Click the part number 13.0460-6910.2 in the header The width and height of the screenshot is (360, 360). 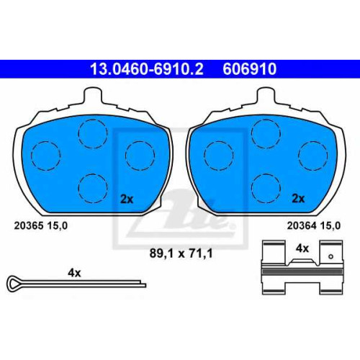coord(147,68)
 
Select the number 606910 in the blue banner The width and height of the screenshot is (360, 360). coord(250,68)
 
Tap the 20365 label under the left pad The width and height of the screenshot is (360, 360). coord(29,225)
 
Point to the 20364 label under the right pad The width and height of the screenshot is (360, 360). coord(302,225)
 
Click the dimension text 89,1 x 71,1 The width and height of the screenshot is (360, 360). coord(181,253)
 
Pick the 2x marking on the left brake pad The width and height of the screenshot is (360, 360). coord(127,199)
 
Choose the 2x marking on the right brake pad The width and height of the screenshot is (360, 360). coord(298,199)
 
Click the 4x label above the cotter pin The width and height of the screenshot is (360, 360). coord(74,273)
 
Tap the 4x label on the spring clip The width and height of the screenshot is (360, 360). coord(302,248)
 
